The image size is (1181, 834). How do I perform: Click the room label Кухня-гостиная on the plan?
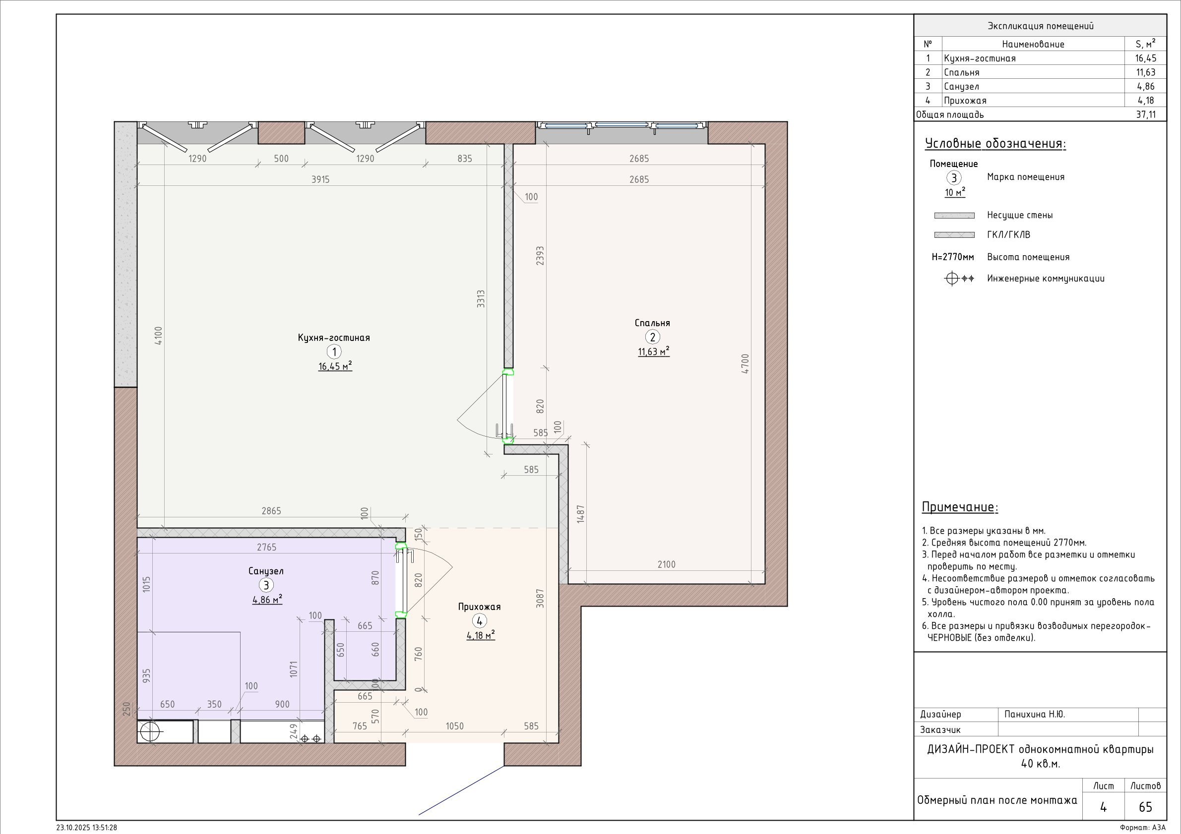[334, 337]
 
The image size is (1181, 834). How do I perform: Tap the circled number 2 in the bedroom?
[652, 337]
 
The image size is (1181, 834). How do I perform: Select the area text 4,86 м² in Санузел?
[267, 599]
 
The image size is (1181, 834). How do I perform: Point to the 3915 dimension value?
[320, 179]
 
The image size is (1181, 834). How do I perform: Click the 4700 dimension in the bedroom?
[746, 363]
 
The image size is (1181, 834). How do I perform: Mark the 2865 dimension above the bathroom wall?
[271, 511]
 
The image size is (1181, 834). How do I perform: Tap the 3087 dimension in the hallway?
[540, 599]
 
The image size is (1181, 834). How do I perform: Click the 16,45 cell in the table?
[1145, 58]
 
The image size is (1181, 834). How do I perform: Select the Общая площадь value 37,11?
[1145, 114]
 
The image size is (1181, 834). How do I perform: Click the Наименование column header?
[1033, 44]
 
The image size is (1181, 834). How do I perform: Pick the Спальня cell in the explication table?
[961, 72]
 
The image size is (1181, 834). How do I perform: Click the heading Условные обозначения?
[995, 143]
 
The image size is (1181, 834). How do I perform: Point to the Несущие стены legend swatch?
[954, 215]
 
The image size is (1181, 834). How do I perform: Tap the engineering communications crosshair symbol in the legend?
[951, 278]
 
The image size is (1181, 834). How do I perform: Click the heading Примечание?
[960, 507]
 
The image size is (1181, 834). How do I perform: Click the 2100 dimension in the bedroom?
[666, 564]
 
